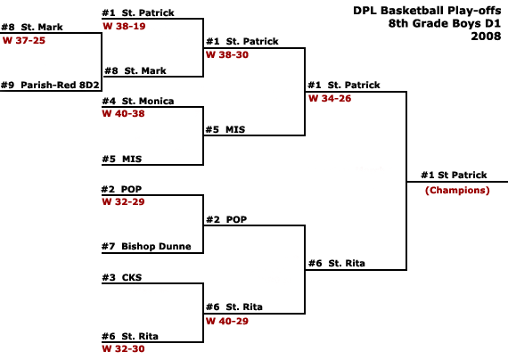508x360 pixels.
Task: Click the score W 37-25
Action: tap(24, 40)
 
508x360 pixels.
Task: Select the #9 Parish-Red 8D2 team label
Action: tap(50, 85)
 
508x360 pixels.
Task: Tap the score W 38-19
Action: tap(124, 26)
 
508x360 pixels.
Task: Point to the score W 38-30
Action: tap(227, 54)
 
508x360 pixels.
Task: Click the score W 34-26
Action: tap(330, 98)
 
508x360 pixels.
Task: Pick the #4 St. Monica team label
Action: tap(138, 101)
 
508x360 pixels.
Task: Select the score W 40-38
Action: tap(124, 113)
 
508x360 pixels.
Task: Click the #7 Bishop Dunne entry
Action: tap(146, 246)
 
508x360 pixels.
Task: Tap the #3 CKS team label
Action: tap(122, 277)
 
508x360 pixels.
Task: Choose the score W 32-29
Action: tap(124, 201)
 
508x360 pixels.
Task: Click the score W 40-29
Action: tap(227, 321)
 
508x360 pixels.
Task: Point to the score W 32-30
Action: tap(124, 348)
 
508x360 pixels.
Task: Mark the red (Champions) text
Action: tap(457, 190)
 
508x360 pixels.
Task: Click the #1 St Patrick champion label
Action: tap(454, 175)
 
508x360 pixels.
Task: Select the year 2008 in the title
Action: tap(486, 36)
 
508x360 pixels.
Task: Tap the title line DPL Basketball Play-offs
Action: tap(427, 11)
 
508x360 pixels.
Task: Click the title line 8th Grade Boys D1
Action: tap(445, 23)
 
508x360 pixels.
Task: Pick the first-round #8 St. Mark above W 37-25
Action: tap(32, 27)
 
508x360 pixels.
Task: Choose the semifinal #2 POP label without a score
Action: tap(226, 219)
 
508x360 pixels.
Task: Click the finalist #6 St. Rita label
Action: tap(337, 263)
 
